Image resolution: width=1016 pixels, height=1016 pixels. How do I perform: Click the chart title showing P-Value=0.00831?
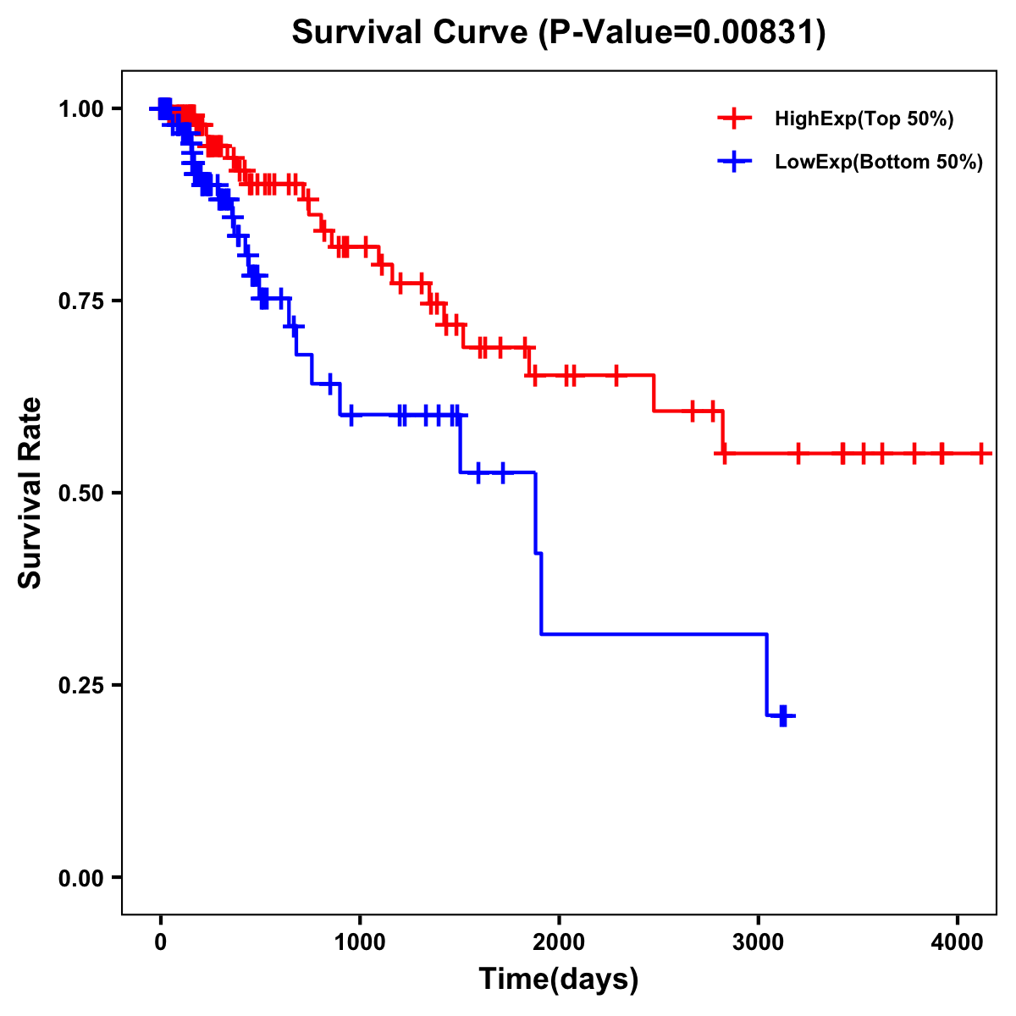[x=559, y=32]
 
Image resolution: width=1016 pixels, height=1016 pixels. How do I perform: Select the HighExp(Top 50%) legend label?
[x=864, y=119]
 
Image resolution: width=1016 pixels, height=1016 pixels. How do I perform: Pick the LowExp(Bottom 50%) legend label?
[x=879, y=163]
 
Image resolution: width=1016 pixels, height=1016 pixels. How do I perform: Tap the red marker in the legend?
[x=734, y=119]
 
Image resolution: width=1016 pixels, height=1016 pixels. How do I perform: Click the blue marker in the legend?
[x=734, y=162]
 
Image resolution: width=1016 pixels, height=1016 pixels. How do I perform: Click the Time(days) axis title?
[x=559, y=980]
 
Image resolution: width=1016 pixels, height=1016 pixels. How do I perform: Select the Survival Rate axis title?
[x=30, y=493]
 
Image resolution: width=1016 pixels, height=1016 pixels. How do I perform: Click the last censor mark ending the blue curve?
[x=783, y=716]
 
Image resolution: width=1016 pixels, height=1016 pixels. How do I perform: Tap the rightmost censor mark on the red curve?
[x=980, y=454]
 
